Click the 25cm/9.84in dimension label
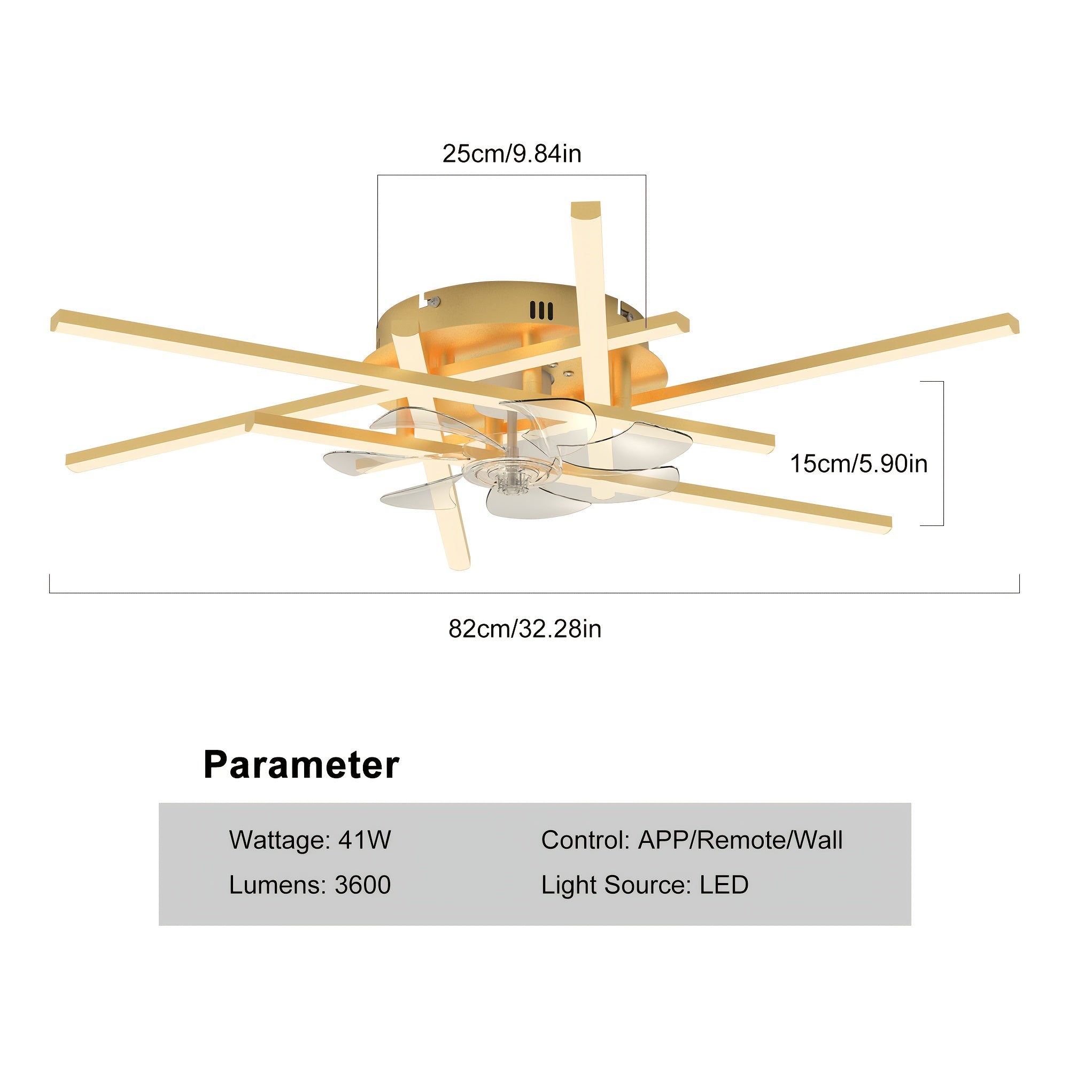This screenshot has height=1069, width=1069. [x=512, y=153]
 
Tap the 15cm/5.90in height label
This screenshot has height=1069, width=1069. [x=858, y=463]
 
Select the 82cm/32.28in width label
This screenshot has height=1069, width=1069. [x=524, y=629]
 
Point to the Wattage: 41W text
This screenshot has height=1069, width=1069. [x=310, y=840]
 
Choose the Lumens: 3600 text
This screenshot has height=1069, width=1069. [x=310, y=885]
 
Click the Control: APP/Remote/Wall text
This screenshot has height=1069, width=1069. [x=692, y=840]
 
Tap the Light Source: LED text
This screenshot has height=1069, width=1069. [x=645, y=885]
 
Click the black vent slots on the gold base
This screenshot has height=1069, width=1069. [x=541, y=311]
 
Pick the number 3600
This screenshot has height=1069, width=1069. [x=362, y=885]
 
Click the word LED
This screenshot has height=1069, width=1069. [x=724, y=885]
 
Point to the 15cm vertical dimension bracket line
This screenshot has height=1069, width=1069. [x=943, y=453]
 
